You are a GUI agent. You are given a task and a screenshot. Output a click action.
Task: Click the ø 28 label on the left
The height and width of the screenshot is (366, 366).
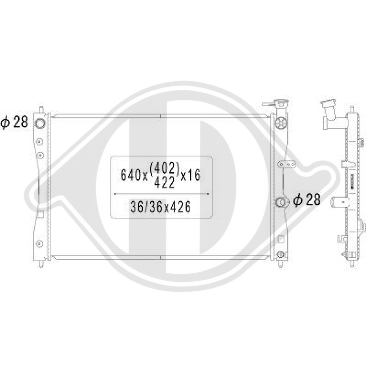15,123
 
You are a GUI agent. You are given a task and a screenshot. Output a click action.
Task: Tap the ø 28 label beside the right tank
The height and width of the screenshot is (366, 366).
307,200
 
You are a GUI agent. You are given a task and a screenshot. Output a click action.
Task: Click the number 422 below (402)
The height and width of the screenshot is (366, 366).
164,183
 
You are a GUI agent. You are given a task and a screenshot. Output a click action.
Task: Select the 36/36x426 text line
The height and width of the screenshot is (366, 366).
160,208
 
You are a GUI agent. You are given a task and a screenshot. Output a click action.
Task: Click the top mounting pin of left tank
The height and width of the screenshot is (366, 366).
41,109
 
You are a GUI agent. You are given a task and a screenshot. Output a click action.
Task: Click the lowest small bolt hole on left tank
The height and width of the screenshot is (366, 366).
40,243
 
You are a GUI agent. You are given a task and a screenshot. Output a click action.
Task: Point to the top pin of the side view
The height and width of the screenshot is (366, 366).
352,109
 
